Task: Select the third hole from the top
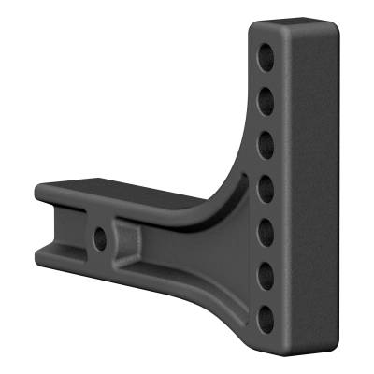tap(266, 140)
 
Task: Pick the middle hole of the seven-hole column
tap(266, 184)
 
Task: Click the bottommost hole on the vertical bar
tap(266, 316)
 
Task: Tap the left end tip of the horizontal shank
tap(43, 224)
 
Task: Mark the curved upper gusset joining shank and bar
tap(223, 187)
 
